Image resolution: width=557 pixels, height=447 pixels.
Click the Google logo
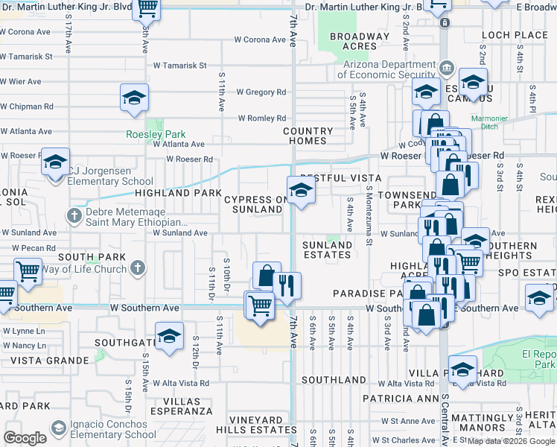point(25,438)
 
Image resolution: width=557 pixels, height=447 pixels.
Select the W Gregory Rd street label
point(261,92)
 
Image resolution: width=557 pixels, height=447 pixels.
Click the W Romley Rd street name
point(262,118)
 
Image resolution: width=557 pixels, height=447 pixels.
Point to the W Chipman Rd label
point(27,107)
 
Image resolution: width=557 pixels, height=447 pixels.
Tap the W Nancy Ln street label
point(24,346)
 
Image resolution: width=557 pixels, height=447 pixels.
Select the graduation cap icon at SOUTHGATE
point(169,336)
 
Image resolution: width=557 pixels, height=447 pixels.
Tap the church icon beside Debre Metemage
point(73,216)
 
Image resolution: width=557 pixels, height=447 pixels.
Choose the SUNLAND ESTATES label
point(327,250)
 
